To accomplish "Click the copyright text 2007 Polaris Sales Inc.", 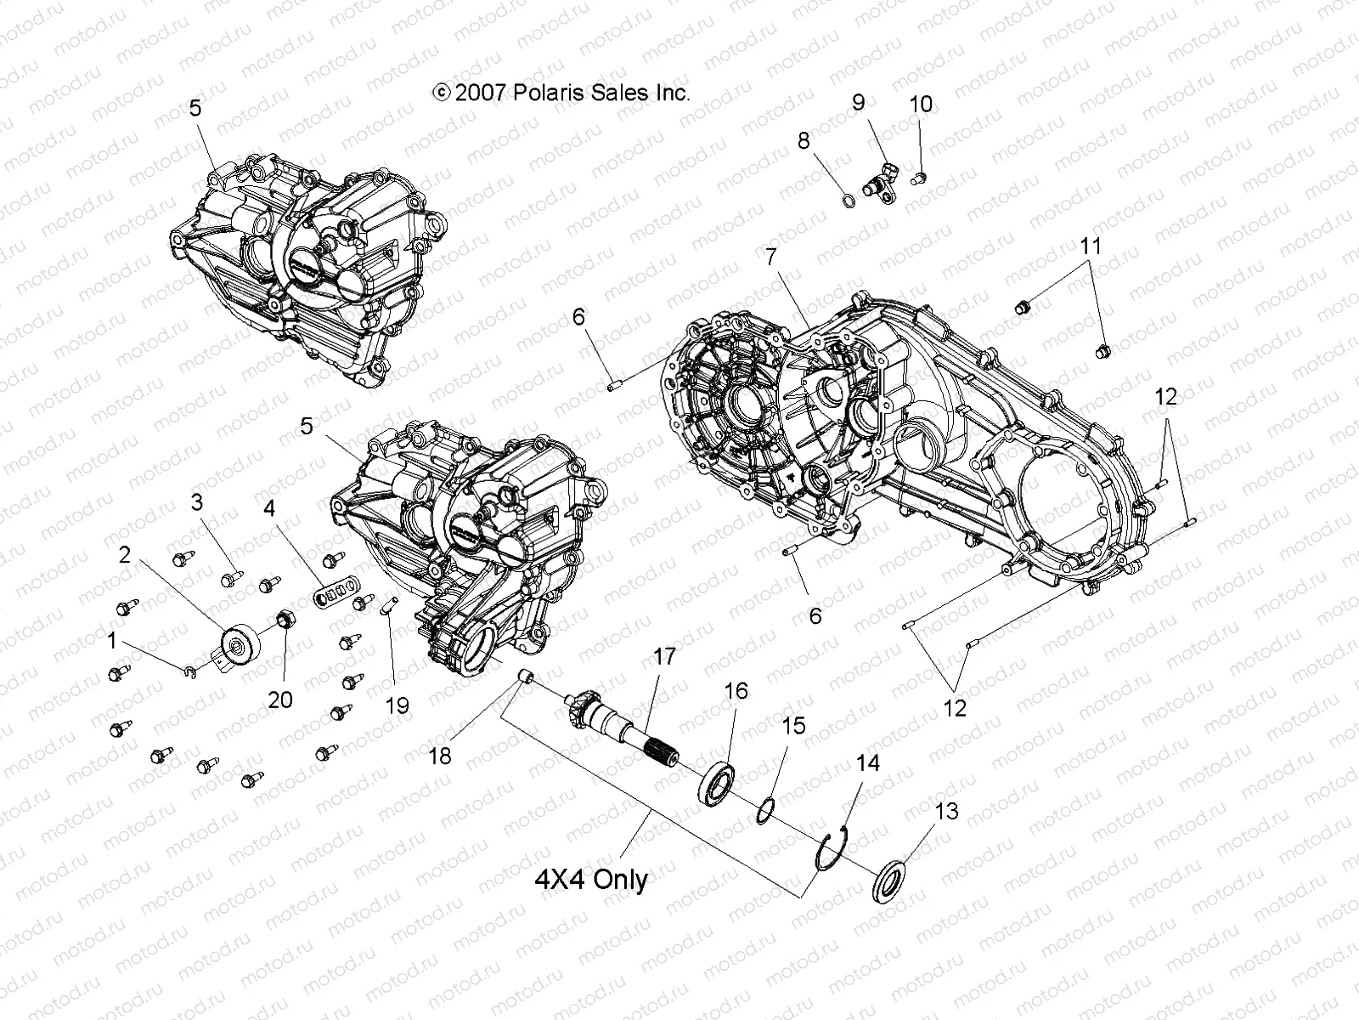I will pyautogui.click(x=562, y=93).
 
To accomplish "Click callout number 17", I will pyautogui.click(x=664, y=656).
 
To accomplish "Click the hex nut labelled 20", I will pyautogui.click(x=285, y=618).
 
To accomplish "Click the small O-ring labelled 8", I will pyautogui.click(x=848, y=201).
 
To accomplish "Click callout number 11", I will pyautogui.click(x=1091, y=246).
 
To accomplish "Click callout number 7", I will pyautogui.click(x=770, y=255).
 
